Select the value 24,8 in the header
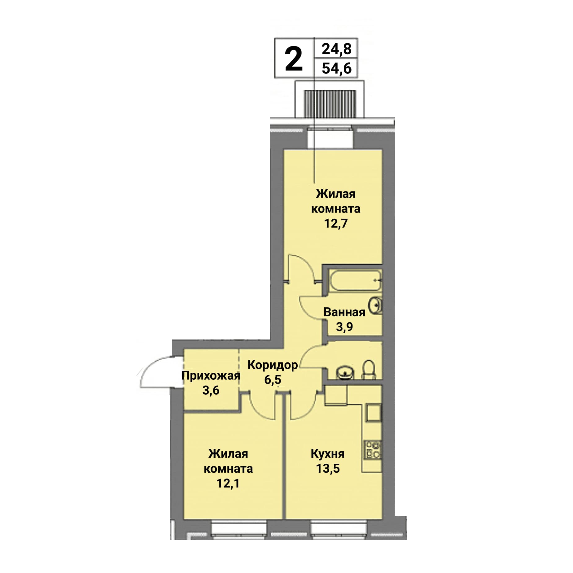337,49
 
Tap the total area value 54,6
337,68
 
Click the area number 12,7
336,223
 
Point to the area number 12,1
228,483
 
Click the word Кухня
328,454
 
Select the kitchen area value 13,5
328,468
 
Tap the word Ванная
344,312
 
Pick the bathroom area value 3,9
344,326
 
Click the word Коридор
273,365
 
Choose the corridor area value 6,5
273,379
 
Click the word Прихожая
211,376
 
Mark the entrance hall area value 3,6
211,390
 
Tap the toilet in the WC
369,369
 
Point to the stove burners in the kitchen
373,449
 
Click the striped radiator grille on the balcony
330,104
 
